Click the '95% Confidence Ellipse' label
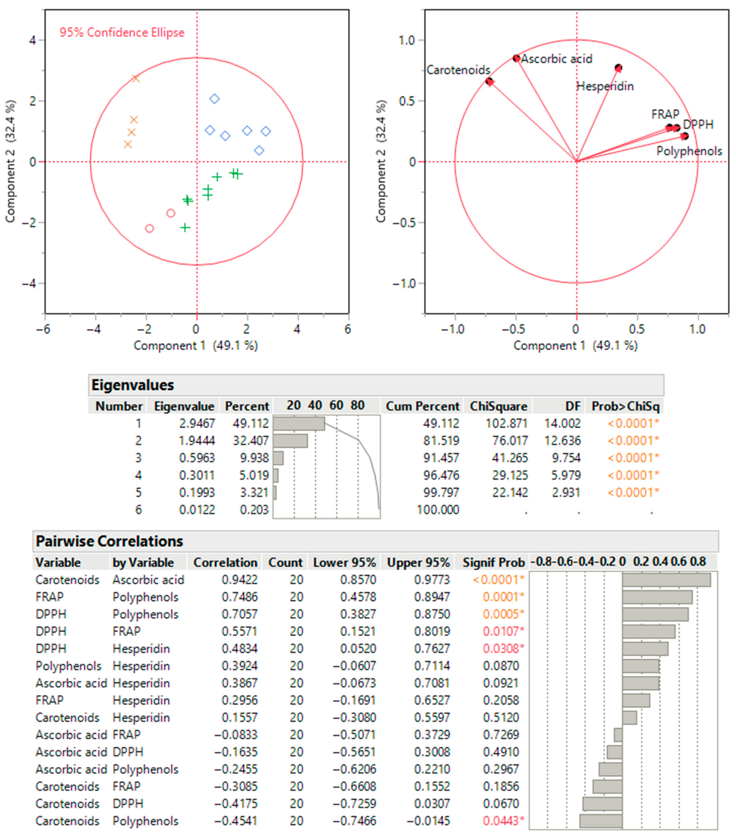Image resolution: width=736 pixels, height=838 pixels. [122, 32]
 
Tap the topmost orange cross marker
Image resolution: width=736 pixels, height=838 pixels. [136, 78]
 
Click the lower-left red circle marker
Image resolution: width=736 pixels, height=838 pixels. [150, 228]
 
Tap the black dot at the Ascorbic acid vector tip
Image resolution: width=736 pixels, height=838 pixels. [516, 58]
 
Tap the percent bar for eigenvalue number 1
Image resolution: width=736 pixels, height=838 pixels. [299, 423]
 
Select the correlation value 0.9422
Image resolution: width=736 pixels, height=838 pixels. [240, 580]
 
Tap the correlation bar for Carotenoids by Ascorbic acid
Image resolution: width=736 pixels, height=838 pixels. [666, 580]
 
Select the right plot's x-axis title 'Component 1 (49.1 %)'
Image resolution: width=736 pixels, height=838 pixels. [575, 346]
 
